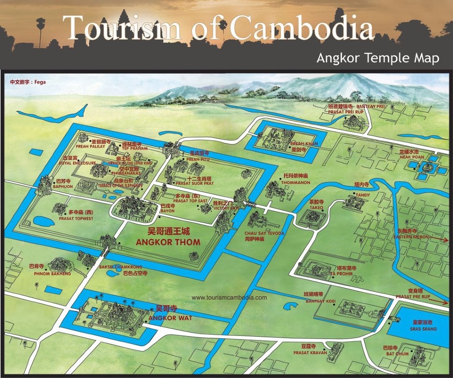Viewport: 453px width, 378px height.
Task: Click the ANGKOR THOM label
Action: coord(168,242)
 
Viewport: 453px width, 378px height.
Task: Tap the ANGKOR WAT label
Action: coord(170,318)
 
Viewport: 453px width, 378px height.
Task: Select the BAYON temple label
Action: coord(167,211)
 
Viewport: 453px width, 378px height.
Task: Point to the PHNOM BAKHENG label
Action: coord(52,274)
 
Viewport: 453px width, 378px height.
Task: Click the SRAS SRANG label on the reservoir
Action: coord(423,329)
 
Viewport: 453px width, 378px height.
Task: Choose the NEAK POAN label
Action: coord(411,157)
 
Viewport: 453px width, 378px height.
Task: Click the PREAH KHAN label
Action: coord(304,144)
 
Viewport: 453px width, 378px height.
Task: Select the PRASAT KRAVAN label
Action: coord(310,352)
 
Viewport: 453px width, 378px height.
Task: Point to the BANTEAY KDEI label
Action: coord(320,301)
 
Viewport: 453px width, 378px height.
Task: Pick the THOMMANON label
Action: coord(295,182)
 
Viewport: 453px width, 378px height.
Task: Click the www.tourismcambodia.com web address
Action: coord(229,298)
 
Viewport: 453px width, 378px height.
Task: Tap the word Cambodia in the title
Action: coord(301,28)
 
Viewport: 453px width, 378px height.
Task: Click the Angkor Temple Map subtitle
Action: coord(377,58)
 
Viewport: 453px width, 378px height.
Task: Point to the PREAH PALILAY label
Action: coord(90,146)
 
